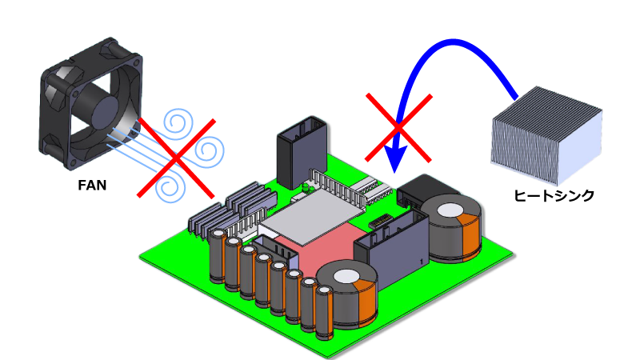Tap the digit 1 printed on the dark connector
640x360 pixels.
click(421, 262)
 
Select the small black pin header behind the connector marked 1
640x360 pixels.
click(381, 218)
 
